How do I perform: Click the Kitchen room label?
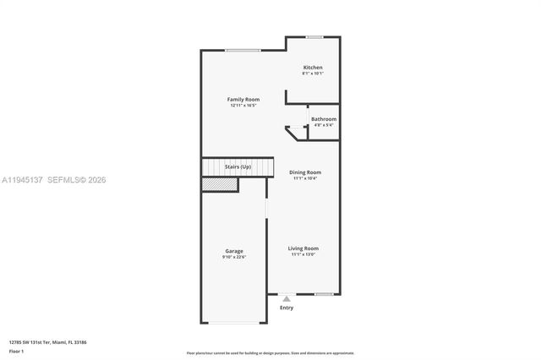tap(313, 68)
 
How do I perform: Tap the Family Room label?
tap(243, 100)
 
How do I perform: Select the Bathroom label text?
tap(323, 119)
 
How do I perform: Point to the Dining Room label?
tap(304, 172)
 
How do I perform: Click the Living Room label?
tap(303, 248)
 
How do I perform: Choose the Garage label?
tap(234, 251)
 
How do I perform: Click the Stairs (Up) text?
tap(238, 167)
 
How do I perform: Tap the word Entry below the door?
tap(287, 308)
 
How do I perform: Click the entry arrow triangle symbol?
tap(287, 298)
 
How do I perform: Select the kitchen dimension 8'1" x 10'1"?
tap(313, 74)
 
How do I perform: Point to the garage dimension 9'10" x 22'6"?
tap(234, 257)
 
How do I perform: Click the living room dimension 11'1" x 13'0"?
tap(303, 254)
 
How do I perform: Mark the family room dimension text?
tap(243, 106)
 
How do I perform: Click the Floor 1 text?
tap(17, 351)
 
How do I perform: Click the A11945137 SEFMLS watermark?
tap(54, 180)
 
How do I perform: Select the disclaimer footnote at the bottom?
tap(270, 352)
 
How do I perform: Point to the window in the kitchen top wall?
tap(314, 36)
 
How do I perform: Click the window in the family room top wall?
tap(243, 51)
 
